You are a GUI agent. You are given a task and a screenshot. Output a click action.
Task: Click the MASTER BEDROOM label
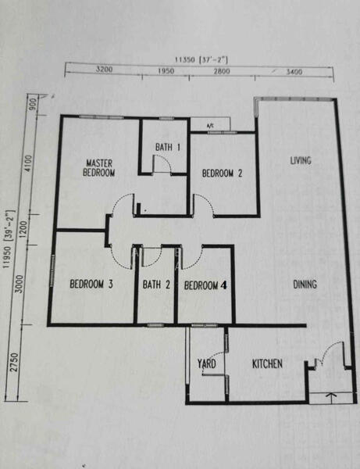tap(99, 168)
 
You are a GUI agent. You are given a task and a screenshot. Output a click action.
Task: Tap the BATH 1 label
tap(168, 147)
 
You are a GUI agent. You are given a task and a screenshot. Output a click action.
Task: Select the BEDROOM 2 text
tap(222, 174)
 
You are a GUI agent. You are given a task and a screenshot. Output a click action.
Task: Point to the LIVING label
tap(301, 160)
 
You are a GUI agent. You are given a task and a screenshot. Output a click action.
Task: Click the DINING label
tap(305, 285)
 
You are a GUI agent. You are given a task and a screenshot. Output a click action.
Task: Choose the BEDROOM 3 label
tap(91, 284)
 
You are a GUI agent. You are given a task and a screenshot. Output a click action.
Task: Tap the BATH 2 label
tap(156, 285)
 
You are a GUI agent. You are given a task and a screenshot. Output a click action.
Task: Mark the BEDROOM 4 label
tap(205, 285)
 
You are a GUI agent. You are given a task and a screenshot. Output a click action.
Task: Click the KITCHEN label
tap(267, 363)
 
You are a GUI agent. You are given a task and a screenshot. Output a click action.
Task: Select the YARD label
tap(206, 363)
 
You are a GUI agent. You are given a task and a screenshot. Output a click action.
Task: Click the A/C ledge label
tap(210, 126)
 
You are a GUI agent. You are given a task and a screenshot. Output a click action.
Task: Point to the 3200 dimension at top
tap(105, 69)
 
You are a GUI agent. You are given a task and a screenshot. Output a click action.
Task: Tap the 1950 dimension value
tap(166, 71)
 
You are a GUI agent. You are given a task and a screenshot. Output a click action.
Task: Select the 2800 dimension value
tap(222, 71)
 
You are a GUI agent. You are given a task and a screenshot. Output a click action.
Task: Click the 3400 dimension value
tap(294, 72)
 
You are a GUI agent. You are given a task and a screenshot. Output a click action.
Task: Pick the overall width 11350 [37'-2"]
tap(201, 60)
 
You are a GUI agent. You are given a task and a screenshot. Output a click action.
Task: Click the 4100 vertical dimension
tap(28, 163)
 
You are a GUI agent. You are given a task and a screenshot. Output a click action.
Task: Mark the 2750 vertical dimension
tap(14, 362)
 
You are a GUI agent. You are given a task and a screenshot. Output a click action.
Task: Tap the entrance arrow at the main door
tap(330, 398)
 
